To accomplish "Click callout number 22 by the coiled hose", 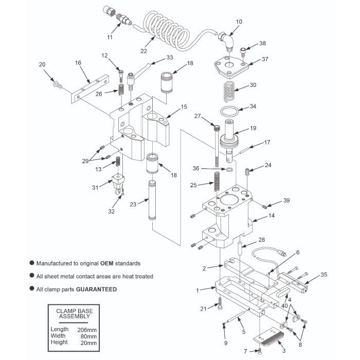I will (144, 51).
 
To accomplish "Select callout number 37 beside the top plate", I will (265, 59).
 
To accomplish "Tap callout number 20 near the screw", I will (43, 64).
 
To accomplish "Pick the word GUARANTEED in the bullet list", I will (96, 289).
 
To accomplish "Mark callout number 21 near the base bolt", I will (204, 308).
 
